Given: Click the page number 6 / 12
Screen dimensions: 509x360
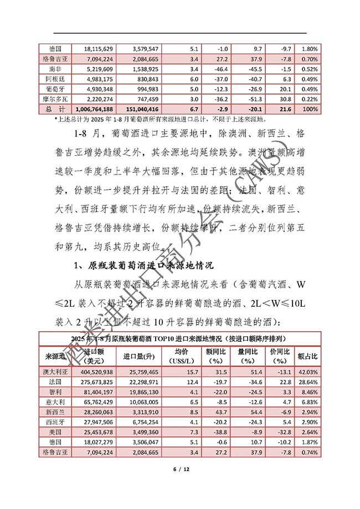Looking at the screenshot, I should pyautogui.click(x=181, y=469).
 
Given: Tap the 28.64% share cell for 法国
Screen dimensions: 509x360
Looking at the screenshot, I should pyautogui.click(x=307, y=382).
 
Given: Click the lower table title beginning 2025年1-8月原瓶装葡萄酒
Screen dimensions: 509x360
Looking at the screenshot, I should pyautogui.click(x=179, y=338).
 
